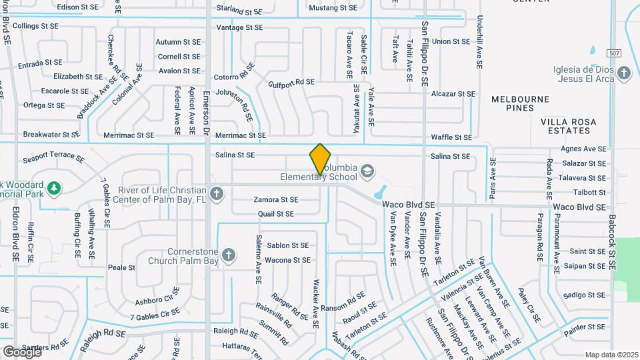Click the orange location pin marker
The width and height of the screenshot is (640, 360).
point(321,159)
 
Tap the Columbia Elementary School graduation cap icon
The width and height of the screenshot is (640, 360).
point(367,172)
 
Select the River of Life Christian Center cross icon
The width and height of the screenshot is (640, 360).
point(215,194)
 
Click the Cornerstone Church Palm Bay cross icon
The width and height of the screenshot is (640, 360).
point(229,255)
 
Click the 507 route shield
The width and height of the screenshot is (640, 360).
point(614,52)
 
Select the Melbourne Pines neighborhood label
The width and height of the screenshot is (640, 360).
point(520,103)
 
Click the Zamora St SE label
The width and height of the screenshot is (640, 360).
point(276,199)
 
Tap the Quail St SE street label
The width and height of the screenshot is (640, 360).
point(275,214)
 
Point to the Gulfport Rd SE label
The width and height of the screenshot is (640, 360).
point(291,82)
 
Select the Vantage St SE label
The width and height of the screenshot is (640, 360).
point(240,28)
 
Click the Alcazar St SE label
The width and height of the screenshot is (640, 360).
point(453,95)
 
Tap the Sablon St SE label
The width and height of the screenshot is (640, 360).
point(287,246)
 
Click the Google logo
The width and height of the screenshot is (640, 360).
point(22,351)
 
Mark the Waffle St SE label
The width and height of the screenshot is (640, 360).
point(451,137)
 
